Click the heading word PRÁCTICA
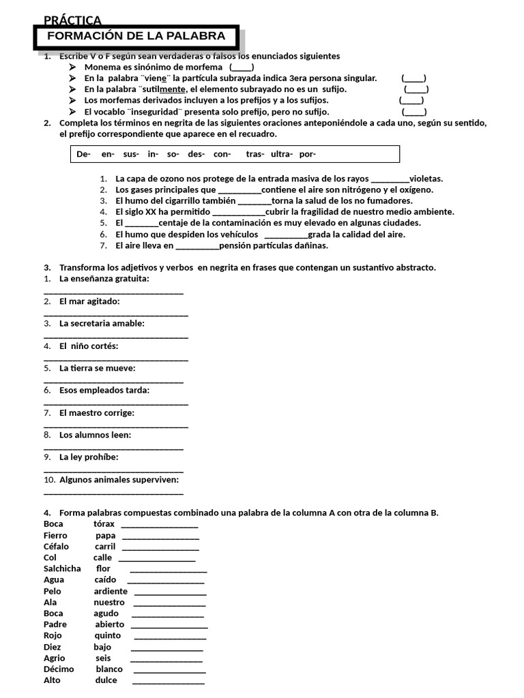[72, 21]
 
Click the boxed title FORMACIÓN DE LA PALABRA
[136, 36]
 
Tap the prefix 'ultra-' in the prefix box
[282, 154]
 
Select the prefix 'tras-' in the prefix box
[255, 154]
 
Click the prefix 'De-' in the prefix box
[84, 154]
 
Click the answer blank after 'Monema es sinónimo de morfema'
[242, 67]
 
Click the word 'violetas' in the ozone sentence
[426, 179]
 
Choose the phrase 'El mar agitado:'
[89, 301]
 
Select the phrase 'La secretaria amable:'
[102, 324]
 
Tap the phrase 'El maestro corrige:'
[97, 413]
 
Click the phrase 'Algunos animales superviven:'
[119, 480]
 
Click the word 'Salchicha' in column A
[62, 568]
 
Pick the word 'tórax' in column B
[104, 524]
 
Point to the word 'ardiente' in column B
[111, 592]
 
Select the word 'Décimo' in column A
[59, 669]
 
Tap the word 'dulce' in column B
[106, 680]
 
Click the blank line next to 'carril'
[160, 547]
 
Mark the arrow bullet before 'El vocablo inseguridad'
[74, 111]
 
